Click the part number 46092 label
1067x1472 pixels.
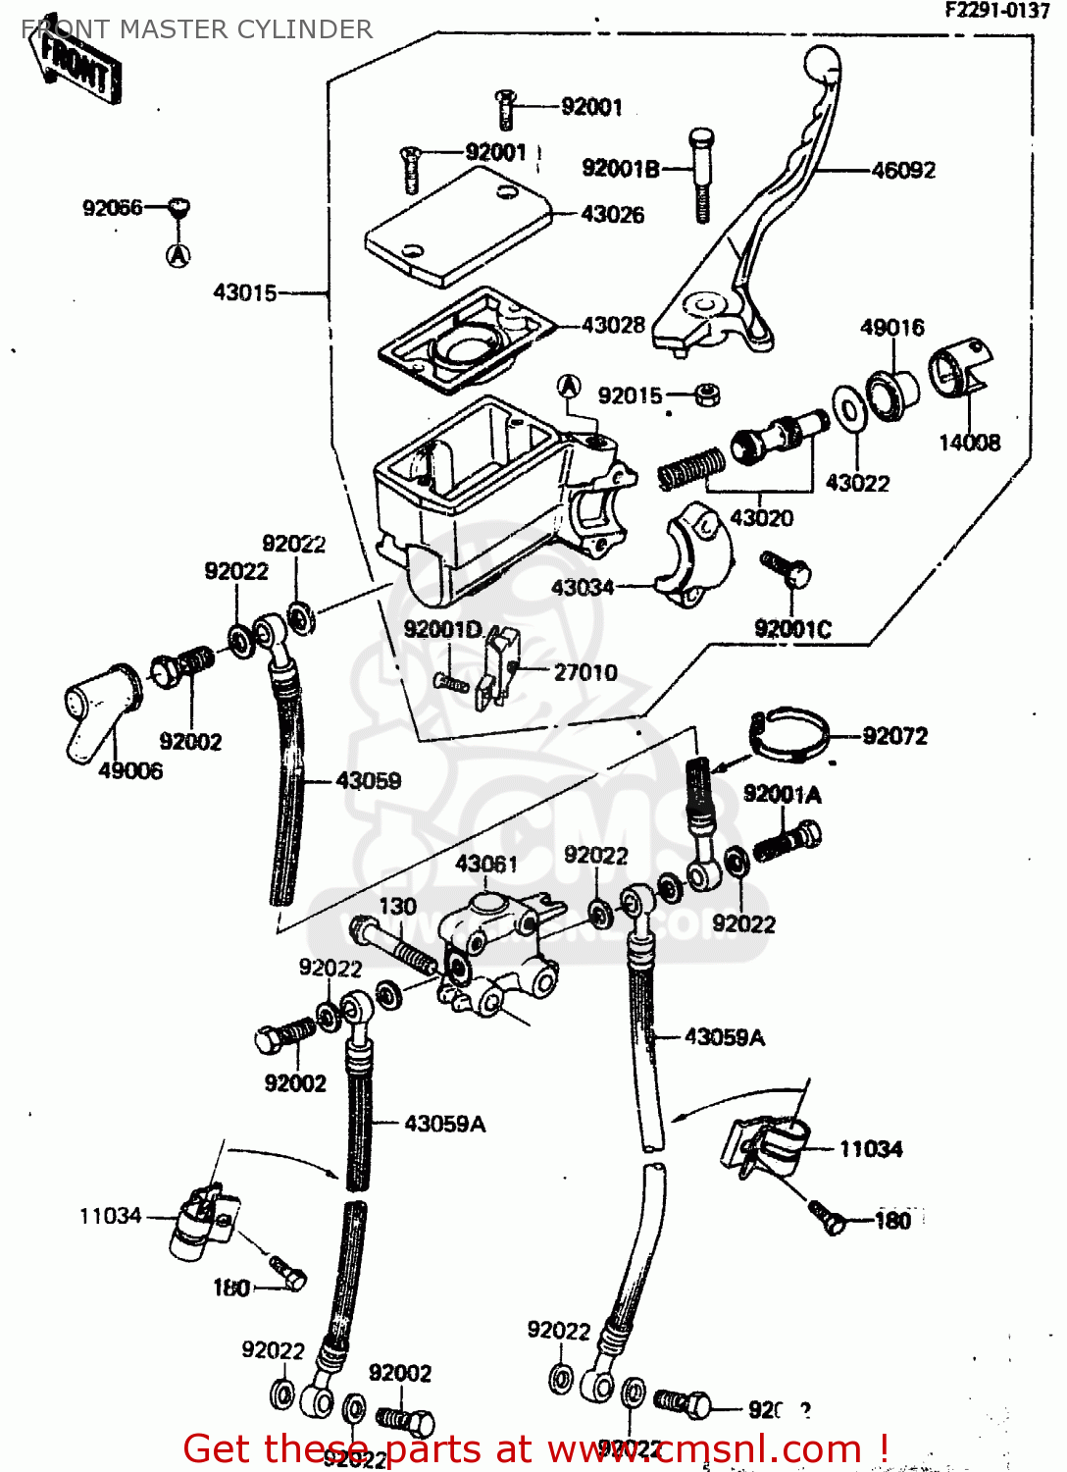[x=903, y=171]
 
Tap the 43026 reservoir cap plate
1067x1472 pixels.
[x=457, y=226]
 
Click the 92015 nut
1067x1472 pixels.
[x=707, y=394]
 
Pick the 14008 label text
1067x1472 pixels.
[x=969, y=443]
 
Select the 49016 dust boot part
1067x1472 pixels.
[x=891, y=394]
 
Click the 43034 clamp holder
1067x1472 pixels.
[x=693, y=553]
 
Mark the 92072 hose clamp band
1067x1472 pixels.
[x=792, y=734]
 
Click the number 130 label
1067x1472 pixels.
[x=397, y=907]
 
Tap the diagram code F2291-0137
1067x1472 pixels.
[x=996, y=11]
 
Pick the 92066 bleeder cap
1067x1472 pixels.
[x=178, y=208]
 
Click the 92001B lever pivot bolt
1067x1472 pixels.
[x=701, y=174]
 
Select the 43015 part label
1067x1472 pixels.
[x=245, y=292]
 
